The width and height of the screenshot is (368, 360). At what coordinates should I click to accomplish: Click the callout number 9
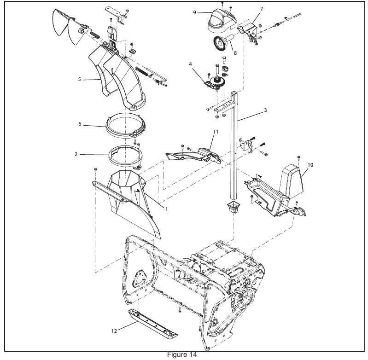click(194, 12)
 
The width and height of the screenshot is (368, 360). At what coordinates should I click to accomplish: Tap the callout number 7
click(262, 9)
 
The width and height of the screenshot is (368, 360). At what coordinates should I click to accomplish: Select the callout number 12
click(114, 331)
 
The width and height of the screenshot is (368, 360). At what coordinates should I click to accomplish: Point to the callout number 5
click(79, 79)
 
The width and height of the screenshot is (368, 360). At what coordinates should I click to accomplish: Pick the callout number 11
click(216, 132)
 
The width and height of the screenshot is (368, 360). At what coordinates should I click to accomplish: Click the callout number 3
click(265, 110)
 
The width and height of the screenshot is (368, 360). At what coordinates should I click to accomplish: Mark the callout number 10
click(310, 165)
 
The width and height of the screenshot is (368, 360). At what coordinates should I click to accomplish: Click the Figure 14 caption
click(182, 354)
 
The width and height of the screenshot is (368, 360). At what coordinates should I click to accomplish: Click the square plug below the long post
click(234, 207)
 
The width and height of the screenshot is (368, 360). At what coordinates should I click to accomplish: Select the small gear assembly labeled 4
click(216, 82)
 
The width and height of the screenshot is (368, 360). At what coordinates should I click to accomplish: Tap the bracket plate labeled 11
click(193, 156)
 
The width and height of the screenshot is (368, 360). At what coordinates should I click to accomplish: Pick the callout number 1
click(167, 209)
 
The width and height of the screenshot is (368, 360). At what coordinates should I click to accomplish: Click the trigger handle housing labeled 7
click(250, 33)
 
